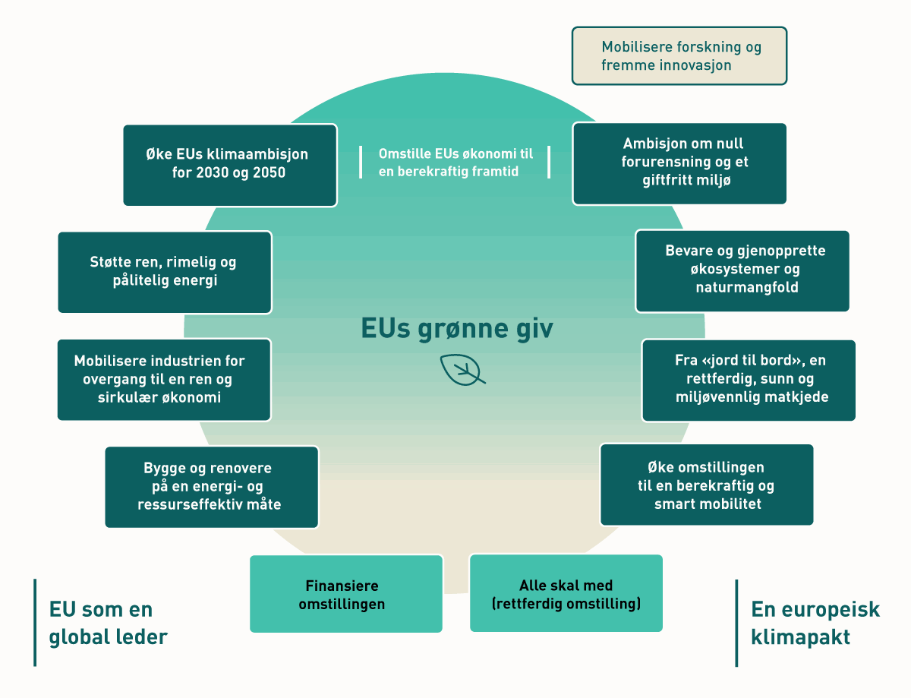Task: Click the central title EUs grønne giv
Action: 457,328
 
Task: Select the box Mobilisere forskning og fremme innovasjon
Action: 679,56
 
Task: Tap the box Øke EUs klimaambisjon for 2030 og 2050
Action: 229,164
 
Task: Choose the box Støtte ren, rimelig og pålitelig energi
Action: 164,272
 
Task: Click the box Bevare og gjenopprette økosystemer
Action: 742,271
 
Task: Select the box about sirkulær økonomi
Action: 163,379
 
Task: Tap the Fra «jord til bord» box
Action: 748,380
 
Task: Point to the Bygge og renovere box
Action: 211,487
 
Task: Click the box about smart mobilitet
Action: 706,485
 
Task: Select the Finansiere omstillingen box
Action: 345,595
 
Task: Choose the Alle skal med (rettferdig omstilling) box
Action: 566,595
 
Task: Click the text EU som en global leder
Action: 108,623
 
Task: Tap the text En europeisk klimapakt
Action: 815,623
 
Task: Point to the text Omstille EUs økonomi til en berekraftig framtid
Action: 455,163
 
